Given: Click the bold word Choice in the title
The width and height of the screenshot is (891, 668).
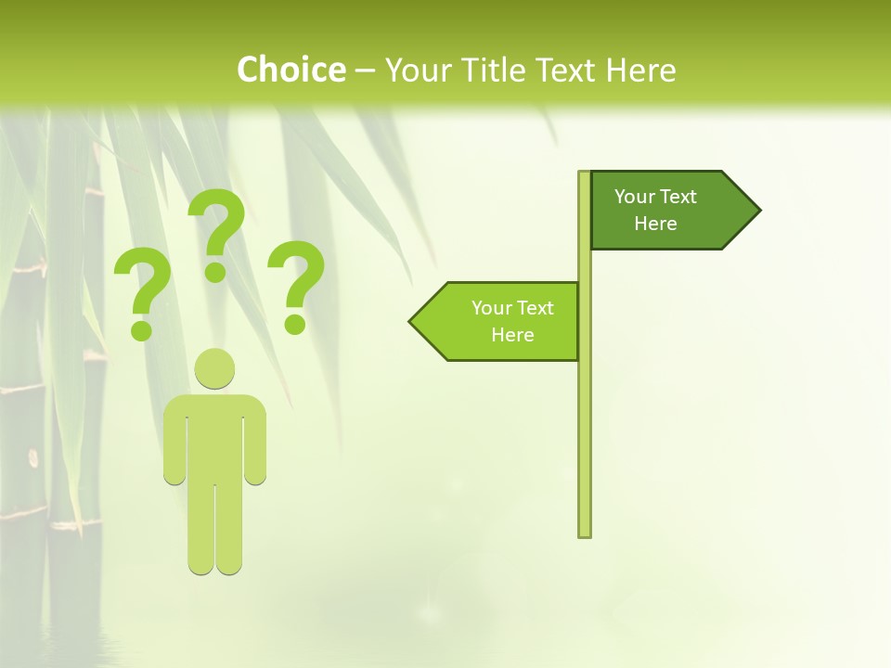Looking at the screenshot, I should coord(291,70).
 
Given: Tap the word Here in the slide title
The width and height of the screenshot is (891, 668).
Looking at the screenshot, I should coord(640,70).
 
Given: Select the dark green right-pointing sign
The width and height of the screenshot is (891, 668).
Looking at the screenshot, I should coord(664,211).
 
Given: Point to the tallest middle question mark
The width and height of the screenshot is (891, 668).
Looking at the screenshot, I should coord(218,223).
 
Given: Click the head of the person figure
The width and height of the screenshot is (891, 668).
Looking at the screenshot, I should coord(214,369).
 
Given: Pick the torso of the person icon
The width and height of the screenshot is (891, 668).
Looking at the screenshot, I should coord(214,436).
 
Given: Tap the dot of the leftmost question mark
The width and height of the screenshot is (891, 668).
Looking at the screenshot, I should coord(141,329).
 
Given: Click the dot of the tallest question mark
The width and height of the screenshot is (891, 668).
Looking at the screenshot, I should coord(215,271).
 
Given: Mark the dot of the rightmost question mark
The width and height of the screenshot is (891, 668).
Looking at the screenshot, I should coord(295,324).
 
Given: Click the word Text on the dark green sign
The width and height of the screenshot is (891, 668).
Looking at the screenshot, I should coord(678,197).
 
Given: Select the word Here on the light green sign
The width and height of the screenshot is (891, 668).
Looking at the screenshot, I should coord(512,335).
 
